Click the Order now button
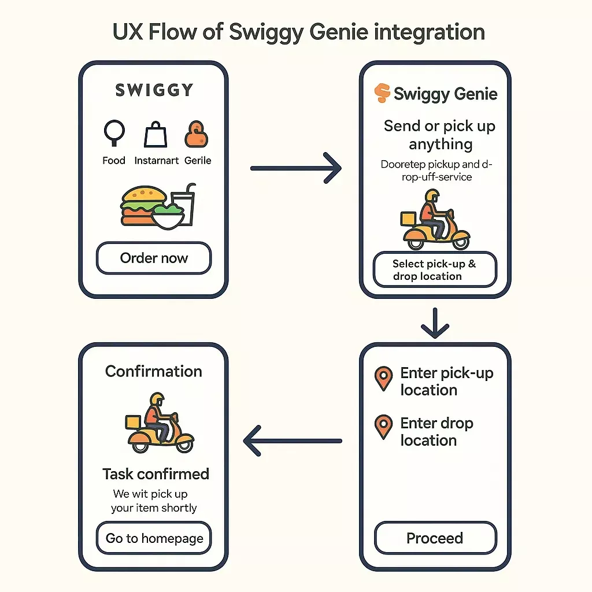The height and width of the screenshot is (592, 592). pos(154,258)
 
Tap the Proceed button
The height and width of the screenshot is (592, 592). pos(435,538)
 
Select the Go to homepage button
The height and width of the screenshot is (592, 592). pos(154,538)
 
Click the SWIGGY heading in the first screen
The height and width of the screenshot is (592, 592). pos(154,91)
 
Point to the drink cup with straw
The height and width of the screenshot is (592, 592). pos(183,205)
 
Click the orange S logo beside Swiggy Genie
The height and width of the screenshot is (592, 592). pos(382,94)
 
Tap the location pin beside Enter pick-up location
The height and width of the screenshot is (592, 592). pos(383,379)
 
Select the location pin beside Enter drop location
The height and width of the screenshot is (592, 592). pos(383,427)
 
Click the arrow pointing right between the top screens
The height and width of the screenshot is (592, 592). pos(296,168)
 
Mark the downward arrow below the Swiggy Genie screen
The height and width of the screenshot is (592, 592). pos(435,323)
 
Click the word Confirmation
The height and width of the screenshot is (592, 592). pos(154,371)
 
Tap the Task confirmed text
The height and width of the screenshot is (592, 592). pos(156,474)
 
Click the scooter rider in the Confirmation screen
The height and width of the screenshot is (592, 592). pos(159,425)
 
